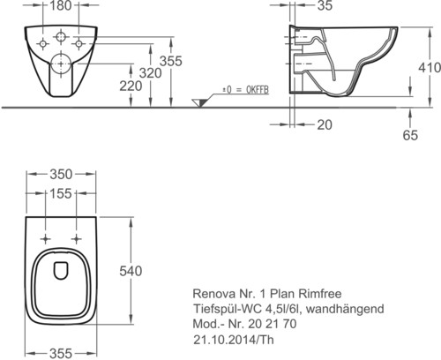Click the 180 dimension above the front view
click(60, 5)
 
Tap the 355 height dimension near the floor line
click(171, 61)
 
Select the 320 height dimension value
click(150, 73)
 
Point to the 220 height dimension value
click(131, 86)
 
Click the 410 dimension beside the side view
click(430, 68)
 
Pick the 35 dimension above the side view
click(325, 5)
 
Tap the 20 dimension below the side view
click(325, 125)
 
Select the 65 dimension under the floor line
click(410, 135)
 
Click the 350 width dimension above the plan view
click(61, 175)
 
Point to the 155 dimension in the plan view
click(60, 194)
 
